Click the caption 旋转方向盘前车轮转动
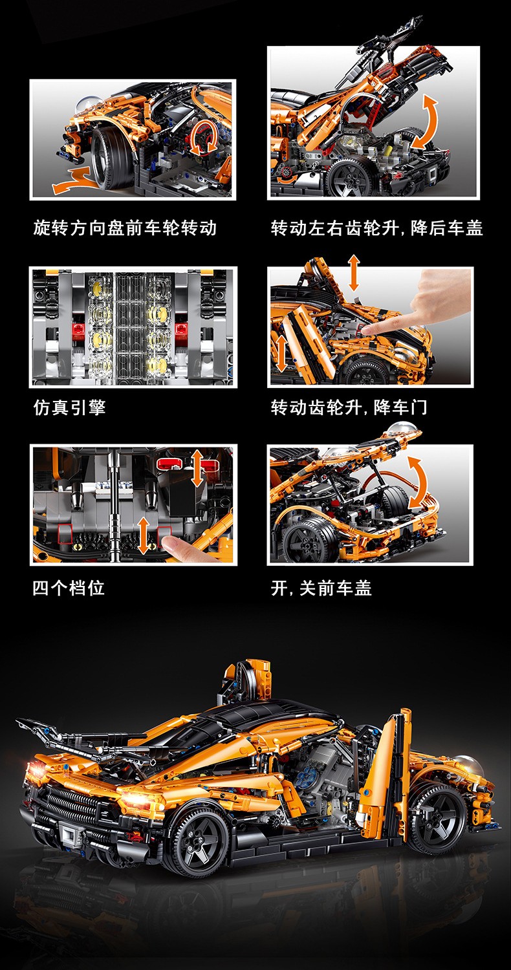125,228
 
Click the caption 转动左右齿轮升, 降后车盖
376,228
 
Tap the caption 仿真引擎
69,407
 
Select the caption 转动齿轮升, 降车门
349,407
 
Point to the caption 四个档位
69,588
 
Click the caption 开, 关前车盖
321,588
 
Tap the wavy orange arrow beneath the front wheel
74,180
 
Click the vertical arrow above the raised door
354,272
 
